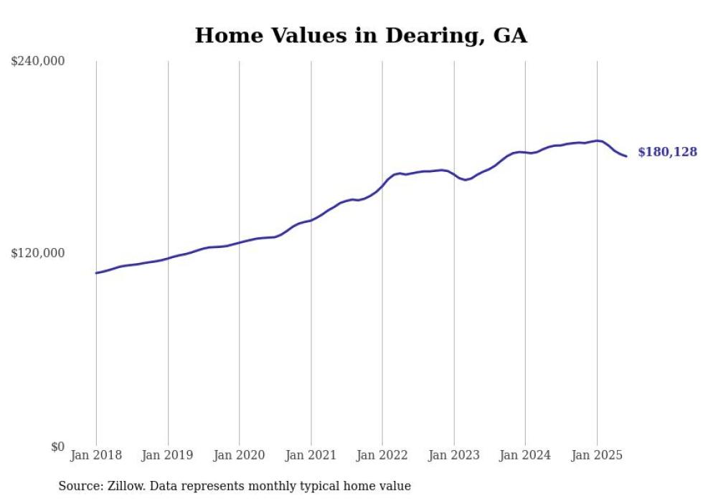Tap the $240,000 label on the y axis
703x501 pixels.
click(x=38, y=62)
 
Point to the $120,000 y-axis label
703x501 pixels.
click(x=38, y=253)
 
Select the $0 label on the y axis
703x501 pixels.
click(x=57, y=447)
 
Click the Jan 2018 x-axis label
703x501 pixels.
click(x=96, y=455)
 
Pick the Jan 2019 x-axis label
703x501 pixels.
click(x=168, y=455)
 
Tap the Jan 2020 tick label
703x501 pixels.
click(x=239, y=455)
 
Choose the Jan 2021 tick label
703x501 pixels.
click(x=311, y=455)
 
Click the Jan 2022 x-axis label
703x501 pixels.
click(x=382, y=455)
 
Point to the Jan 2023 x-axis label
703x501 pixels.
click(x=453, y=455)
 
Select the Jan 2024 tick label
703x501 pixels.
click(x=525, y=455)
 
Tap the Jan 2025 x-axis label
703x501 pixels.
click(x=597, y=455)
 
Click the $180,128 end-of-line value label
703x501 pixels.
click(x=667, y=152)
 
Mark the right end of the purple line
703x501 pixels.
click(x=626, y=156)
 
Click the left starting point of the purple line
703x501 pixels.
click(x=96, y=273)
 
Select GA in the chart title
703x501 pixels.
click(x=510, y=36)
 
